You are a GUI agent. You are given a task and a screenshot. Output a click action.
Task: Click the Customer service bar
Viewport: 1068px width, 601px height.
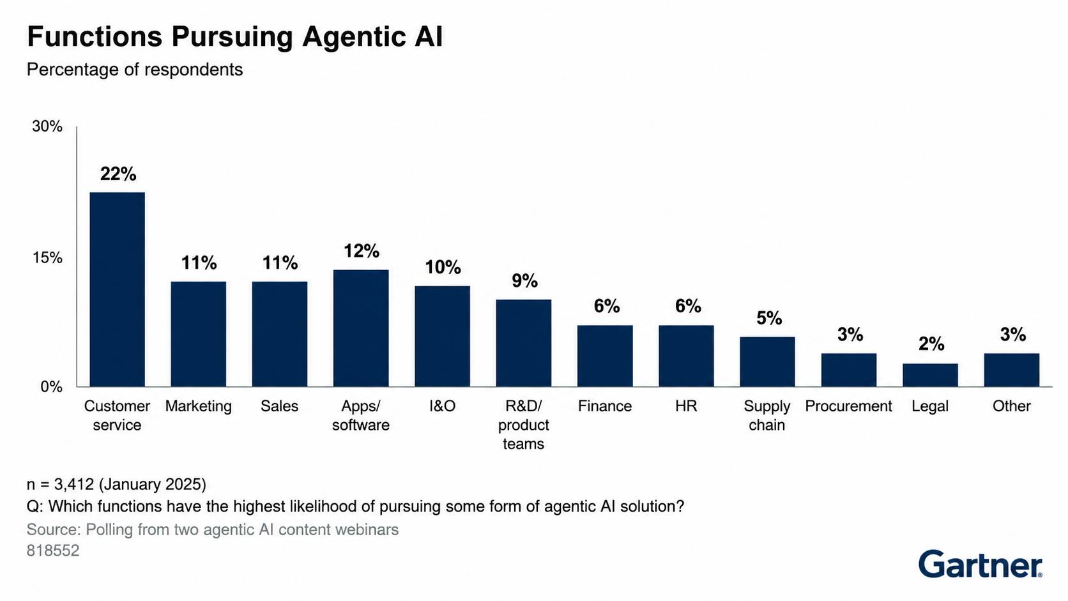coord(118,289)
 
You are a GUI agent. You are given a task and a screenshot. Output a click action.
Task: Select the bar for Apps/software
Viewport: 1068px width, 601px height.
coord(361,328)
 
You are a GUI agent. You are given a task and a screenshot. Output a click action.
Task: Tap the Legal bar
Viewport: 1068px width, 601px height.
coord(930,375)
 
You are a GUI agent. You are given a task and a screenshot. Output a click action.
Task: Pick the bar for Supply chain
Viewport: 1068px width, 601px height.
coord(767,361)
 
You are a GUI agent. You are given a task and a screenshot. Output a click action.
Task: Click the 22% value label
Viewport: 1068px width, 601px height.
coord(118,174)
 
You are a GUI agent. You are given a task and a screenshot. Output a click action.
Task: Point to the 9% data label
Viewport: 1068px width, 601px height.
coord(524,281)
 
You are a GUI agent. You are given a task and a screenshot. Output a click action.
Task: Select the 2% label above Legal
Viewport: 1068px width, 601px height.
coord(931,344)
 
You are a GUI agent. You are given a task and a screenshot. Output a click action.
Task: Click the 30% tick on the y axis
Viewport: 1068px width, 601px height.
coord(47,126)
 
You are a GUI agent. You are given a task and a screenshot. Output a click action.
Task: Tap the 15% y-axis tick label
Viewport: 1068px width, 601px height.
coord(47,258)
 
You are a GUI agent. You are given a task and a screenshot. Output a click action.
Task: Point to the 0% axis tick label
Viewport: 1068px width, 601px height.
coord(51,386)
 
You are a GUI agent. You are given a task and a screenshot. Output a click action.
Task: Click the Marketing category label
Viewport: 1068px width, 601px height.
coord(199,406)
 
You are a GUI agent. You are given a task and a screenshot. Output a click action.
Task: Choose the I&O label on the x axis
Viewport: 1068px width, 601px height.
coord(443,406)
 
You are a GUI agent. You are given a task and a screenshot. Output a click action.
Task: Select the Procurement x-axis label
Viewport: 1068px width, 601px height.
coord(849,406)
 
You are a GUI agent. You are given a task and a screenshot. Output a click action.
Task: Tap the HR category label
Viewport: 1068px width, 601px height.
coord(686,406)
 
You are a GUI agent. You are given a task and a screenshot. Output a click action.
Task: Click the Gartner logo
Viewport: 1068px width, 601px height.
coord(980,565)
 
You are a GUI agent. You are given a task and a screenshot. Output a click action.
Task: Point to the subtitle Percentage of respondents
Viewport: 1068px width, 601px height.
coord(135,70)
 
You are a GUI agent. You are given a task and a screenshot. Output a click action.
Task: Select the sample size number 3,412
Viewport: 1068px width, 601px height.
coord(74,485)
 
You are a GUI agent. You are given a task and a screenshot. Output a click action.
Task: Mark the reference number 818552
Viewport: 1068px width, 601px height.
coord(53,551)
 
